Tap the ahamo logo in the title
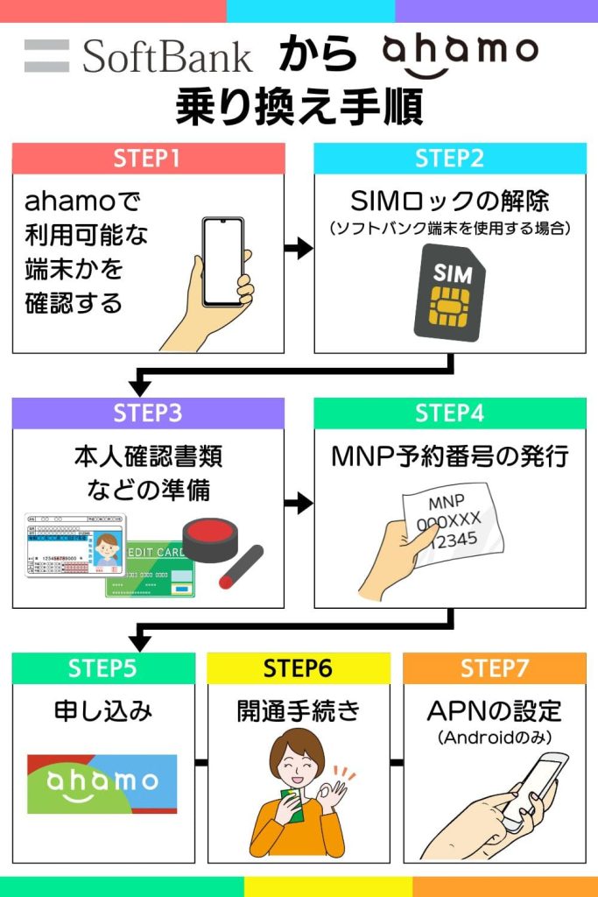coord(461,52)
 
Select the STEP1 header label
coord(148,159)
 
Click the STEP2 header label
coord(449,159)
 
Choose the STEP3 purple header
coord(148,413)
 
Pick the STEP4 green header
coord(449,413)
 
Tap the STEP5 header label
coord(103,668)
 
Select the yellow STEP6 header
coord(299,668)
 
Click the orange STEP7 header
coord(494,668)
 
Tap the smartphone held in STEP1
coord(222,261)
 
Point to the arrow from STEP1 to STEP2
coord(299,249)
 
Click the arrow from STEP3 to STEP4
coord(299,503)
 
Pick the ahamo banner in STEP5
coord(102,783)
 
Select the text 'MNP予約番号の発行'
coord(449,457)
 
